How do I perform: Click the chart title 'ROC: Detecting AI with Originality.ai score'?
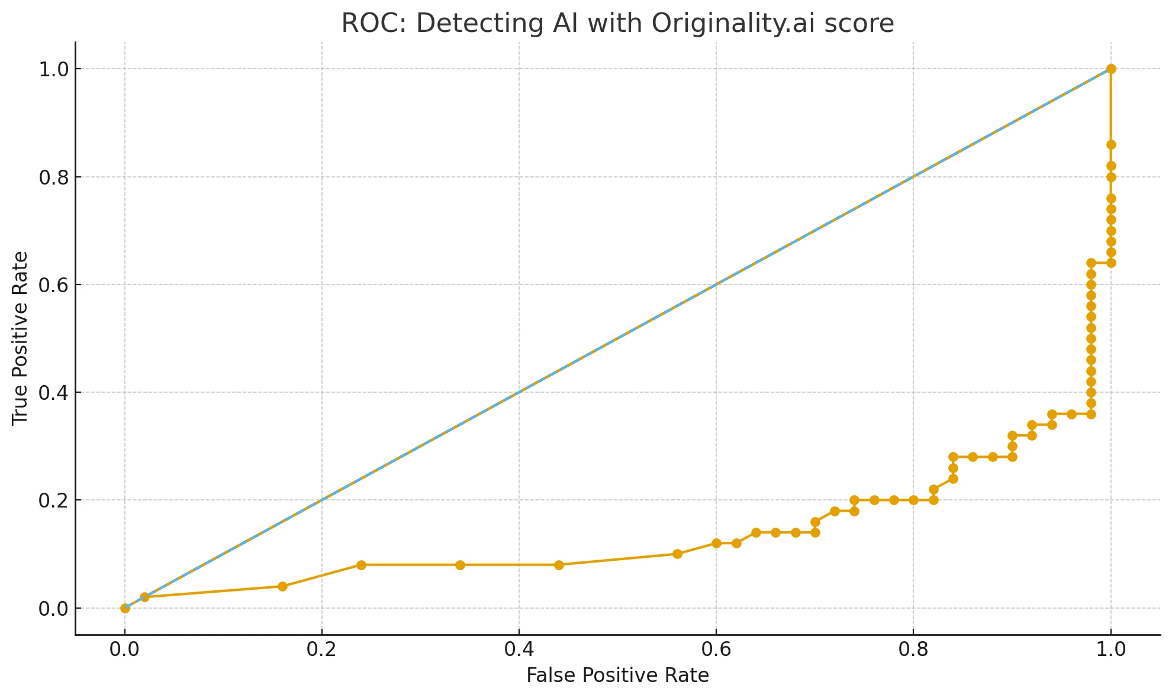[617, 24]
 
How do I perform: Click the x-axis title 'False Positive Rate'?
[617, 675]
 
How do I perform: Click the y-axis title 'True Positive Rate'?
[20, 338]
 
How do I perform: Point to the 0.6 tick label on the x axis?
[716, 649]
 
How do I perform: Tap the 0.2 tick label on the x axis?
[321, 649]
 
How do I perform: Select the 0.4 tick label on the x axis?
[519, 649]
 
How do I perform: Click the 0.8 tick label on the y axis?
[53, 177]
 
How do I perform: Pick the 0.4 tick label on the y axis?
[53, 392]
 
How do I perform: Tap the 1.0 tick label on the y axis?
[53, 69]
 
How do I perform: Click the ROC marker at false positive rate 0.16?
[282, 586]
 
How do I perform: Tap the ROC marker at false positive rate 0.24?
[361, 565]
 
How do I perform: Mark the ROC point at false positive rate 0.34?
[460, 565]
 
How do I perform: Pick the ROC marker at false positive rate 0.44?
[559, 565]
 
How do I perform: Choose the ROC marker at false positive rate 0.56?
[677, 554]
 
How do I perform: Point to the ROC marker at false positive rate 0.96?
[1071, 414]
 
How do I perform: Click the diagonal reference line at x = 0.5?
[618, 338]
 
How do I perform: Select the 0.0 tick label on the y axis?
[53, 608]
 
